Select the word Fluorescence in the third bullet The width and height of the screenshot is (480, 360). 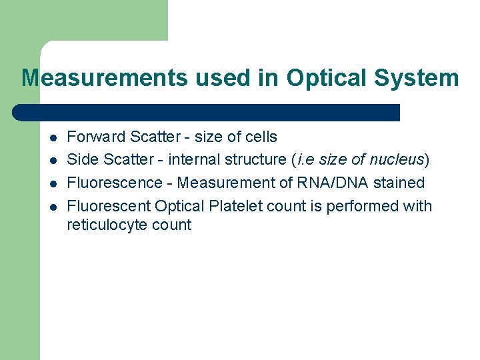click(115, 183)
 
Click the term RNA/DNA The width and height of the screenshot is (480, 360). click(327, 183)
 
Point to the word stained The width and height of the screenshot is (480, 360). click(399, 183)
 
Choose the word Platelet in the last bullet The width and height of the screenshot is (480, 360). click(233, 206)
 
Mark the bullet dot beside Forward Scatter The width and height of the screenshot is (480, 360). click(51, 138)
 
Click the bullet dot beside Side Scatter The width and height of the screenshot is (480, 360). click(51, 161)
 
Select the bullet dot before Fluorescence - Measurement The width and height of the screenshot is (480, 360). click(51, 184)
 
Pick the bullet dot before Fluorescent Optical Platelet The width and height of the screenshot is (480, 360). click(51, 207)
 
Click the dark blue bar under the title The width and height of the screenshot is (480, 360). click(207, 112)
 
